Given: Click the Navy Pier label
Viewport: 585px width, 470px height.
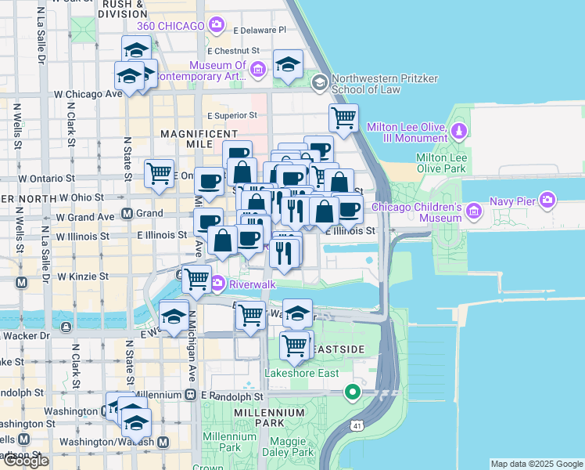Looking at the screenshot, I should [512, 201].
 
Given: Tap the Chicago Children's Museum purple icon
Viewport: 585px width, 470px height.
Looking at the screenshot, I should [473, 211].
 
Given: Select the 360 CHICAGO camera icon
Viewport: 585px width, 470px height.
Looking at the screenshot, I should [217, 25].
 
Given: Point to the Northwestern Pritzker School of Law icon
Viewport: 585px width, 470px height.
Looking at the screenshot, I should [319, 82].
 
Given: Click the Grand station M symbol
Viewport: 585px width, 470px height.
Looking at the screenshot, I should [127, 213].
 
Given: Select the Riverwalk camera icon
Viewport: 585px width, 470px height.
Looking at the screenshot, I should [217, 283].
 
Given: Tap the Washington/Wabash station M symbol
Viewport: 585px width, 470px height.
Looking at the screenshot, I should [163, 443].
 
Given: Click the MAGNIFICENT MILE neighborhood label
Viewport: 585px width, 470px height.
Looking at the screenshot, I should [198, 134].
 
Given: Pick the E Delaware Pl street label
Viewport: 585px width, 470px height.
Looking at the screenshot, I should [260, 30].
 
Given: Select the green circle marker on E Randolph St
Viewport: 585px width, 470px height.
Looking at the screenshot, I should [353, 392].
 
